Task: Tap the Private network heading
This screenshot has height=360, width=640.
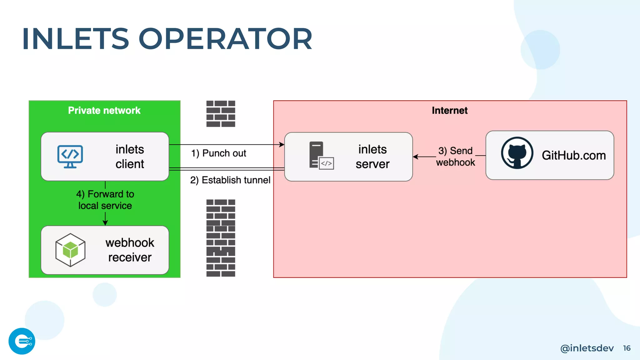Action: pos(104,110)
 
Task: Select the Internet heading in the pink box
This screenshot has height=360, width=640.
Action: pos(449,110)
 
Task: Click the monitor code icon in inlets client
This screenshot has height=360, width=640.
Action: pos(70,156)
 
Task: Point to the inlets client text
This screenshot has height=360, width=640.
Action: pos(130,157)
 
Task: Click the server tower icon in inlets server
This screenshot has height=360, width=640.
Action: pos(321,156)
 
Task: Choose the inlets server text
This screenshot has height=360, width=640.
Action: pos(372,157)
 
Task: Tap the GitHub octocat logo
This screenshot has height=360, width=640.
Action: pos(517,153)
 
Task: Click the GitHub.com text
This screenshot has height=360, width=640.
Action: pos(574,155)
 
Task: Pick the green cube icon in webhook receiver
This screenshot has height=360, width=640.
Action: pos(70,250)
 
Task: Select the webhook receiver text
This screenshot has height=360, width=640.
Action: pos(130,250)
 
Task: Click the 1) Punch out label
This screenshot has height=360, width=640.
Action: pos(218,153)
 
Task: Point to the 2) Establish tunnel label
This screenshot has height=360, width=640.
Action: pos(230,180)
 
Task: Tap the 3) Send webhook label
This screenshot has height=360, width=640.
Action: pos(455,157)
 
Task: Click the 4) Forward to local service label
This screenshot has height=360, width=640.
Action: pos(105,200)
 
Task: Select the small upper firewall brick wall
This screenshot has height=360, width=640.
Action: pos(221,114)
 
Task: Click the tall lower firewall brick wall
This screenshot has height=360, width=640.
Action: pos(221,238)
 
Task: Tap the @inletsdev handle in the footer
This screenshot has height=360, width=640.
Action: pos(587,348)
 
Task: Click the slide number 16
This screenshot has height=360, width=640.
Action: pos(627,348)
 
